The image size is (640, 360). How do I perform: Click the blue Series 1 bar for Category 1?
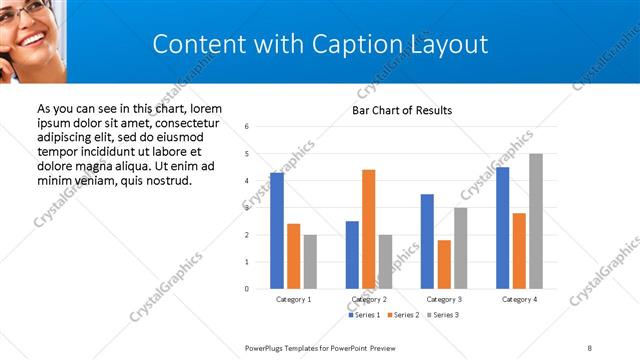277,231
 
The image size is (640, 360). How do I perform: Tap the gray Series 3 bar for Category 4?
536,221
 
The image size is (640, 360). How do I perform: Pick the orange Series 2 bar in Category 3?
444,264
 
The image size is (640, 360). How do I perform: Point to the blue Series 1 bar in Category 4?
502,228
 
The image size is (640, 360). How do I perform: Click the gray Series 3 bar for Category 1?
310,262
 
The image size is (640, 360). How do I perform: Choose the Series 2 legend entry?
404,315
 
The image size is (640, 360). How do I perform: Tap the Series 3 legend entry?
444,315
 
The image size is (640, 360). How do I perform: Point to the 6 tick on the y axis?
247,127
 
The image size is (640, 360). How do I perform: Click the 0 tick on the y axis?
247,289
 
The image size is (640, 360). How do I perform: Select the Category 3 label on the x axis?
444,299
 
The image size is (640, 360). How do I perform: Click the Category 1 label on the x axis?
293,299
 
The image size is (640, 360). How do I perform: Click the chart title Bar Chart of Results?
402,110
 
